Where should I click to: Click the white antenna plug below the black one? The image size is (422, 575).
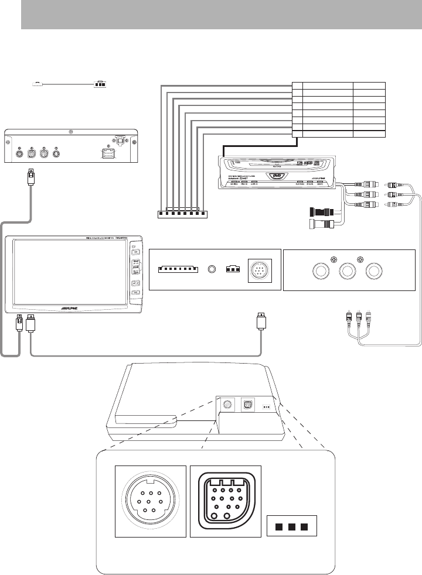tap(322, 224)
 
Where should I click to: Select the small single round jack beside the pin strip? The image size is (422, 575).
tap(212, 270)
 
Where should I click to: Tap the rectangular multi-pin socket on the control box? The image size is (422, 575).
tap(108, 155)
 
